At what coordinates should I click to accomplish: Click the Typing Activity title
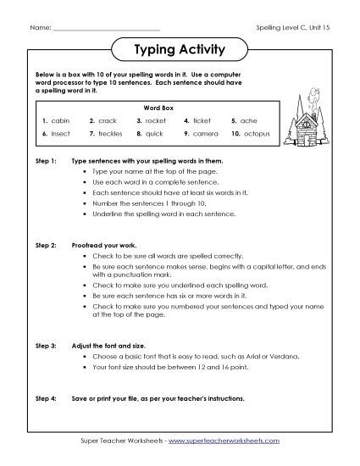(180, 49)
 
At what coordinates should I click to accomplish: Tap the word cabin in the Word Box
(60, 120)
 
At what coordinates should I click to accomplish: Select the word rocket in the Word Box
(158, 120)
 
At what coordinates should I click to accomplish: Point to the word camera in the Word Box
(206, 134)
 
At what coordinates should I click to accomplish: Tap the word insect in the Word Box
(61, 134)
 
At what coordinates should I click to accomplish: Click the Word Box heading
(156, 108)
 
